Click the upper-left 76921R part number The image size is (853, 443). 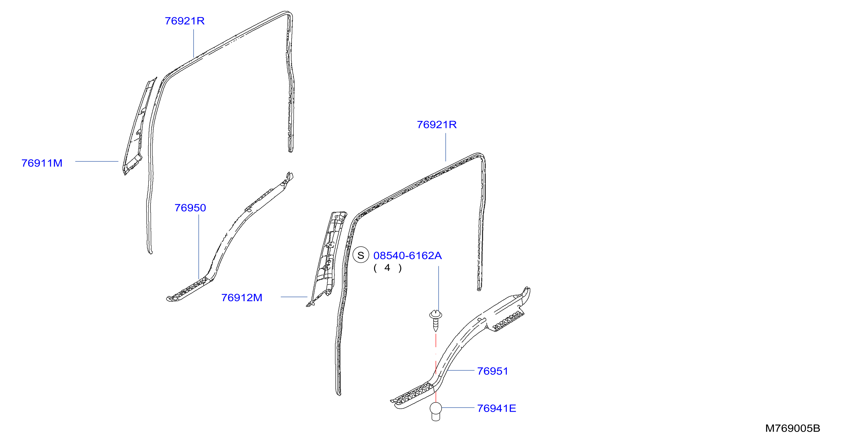click(x=184, y=21)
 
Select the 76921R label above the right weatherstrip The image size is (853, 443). click(x=437, y=125)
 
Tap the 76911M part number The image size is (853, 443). click(x=42, y=163)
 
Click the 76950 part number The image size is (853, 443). click(x=190, y=208)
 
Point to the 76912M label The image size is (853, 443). click(x=242, y=298)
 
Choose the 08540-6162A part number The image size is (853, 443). click(x=407, y=256)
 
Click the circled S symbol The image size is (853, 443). click(x=361, y=255)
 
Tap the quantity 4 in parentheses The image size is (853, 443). click(x=388, y=268)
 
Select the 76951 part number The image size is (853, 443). click(x=492, y=371)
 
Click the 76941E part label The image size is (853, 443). click(x=496, y=409)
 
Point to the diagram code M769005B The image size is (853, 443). click(x=792, y=428)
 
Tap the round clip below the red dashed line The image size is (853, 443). click(x=436, y=411)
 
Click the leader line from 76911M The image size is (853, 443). click(x=97, y=161)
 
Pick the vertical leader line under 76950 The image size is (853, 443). click(x=199, y=247)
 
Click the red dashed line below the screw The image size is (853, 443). click(x=436, y=367)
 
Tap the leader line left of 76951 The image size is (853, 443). click(x=461, y=370)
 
